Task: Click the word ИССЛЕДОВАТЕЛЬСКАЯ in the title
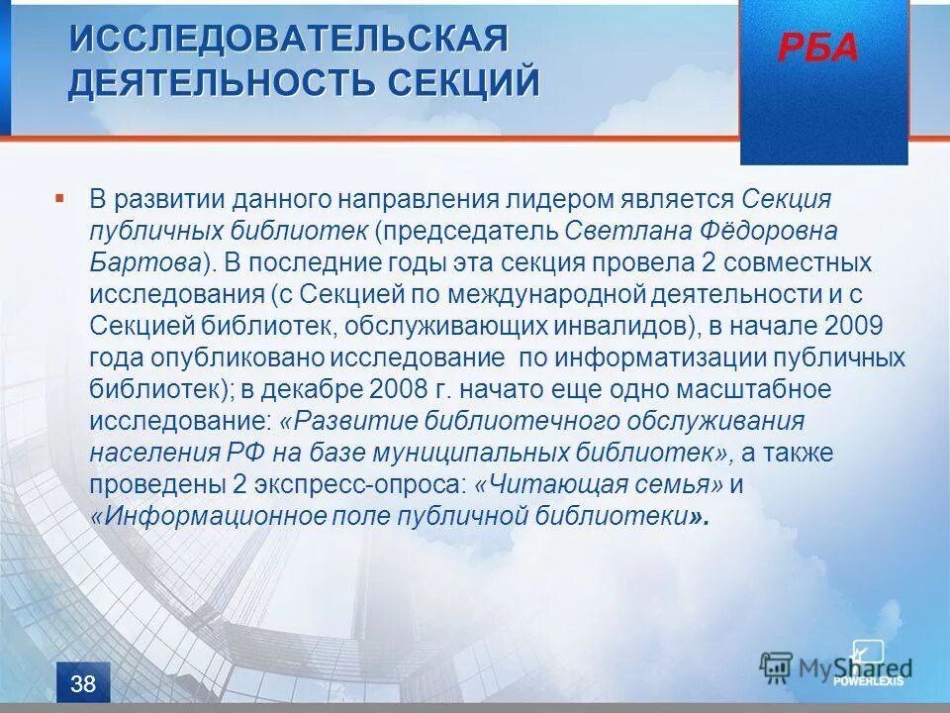pyautogui.click(x=288, y=40)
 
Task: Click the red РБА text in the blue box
pyautogui.click(x=817, y=48)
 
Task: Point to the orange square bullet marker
pyautogui.click(x=59, y=198)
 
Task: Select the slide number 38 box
pyautogui.click(x=84, y=682)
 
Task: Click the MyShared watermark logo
pyautogui.click(x=836, y=666)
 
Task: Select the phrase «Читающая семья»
pyautogui.click(x=600, y=484)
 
